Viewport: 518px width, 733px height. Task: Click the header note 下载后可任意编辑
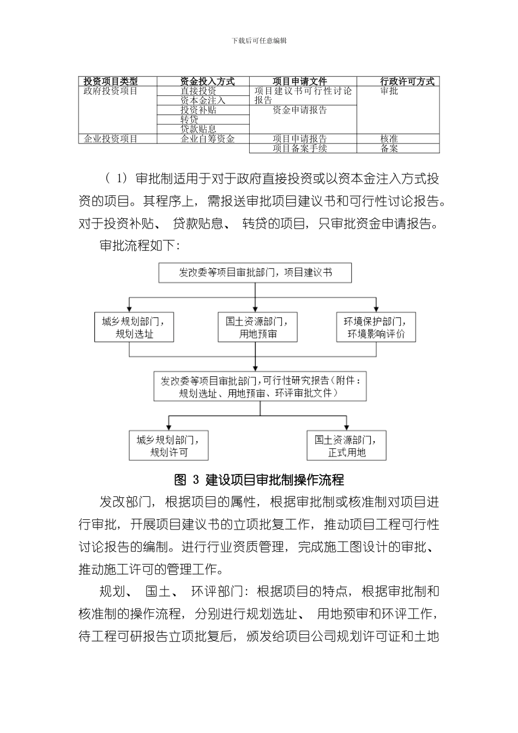259,40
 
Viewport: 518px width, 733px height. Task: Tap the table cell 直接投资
198,91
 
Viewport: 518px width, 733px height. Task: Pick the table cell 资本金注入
202,100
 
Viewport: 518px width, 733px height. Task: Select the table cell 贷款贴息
198,129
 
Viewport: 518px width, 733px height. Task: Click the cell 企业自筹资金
207,139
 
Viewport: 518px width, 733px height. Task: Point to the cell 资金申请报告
299,110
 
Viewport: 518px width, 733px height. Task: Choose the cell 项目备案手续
299,148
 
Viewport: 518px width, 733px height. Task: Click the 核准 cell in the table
389,139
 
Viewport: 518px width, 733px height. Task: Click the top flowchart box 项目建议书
255,273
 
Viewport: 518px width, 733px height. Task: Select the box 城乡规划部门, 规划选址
134,327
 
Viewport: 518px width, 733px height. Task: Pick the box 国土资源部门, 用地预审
257,327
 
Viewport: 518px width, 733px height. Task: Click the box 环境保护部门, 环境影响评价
376,327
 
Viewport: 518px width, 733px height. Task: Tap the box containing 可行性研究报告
260,386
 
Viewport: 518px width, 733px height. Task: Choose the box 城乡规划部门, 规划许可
168,446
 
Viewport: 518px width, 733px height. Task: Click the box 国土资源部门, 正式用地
346,446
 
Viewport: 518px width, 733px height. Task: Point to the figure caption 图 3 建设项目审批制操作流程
259,480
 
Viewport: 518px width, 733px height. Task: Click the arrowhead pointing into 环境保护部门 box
376,309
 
